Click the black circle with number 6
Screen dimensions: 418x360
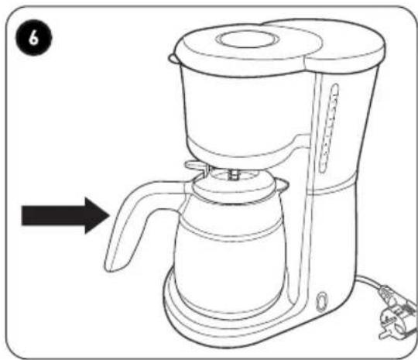(x=33, y=38)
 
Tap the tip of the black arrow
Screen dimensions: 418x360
(x=110, y=215)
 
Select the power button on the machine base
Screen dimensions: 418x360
(x=321, y=302)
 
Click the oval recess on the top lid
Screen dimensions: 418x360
(x=248, y=39)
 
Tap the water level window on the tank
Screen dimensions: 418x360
(x=328, y=128)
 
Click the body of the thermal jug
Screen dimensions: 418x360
(x=229, y=253)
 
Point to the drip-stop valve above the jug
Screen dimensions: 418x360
(x=234, y=175)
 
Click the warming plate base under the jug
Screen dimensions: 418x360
(x=229, y=320)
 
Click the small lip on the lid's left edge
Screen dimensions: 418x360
(x=173, y=59)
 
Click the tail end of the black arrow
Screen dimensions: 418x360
(x=22, y=215)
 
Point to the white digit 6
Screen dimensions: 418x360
(x=33, y=38)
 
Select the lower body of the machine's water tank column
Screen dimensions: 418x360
(x=331, y=240)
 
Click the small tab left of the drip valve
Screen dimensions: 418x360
(x=197, y=166)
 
